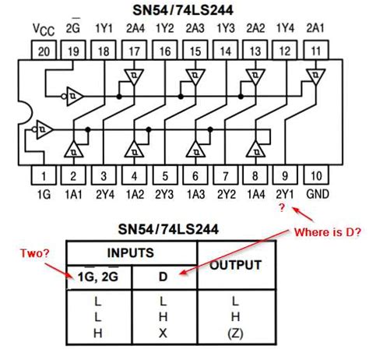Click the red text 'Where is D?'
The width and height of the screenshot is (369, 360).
point(327,232)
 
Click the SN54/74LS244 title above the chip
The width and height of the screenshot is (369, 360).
point(184,10)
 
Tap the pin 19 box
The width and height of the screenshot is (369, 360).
point(72,52)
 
